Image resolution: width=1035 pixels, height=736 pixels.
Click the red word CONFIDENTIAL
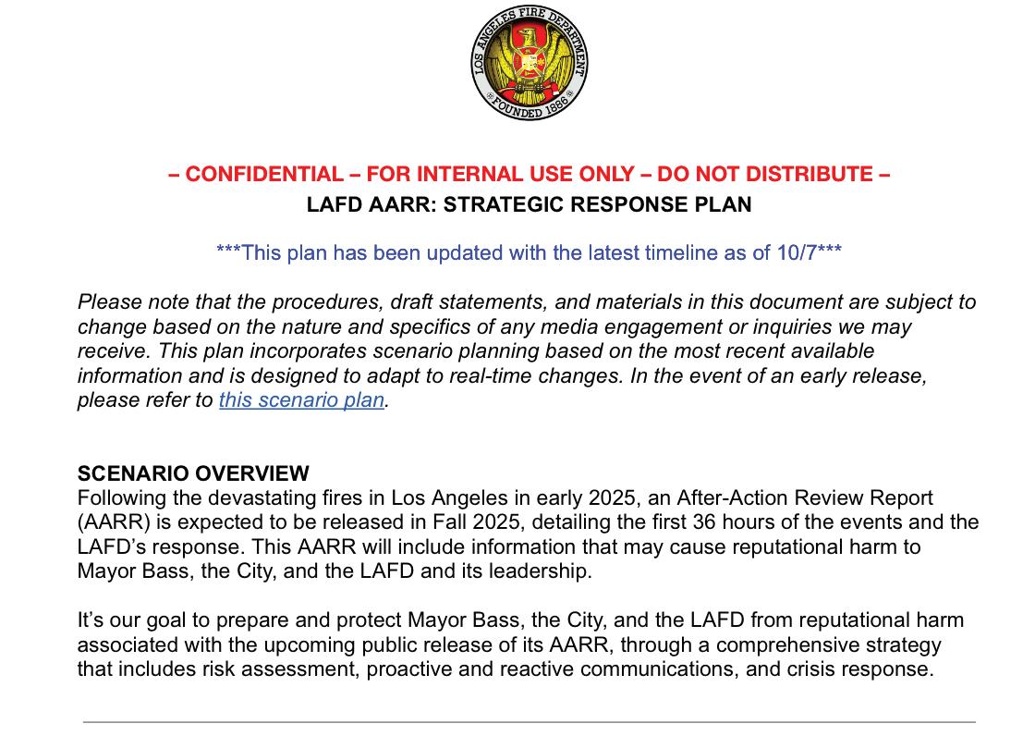(264, 174)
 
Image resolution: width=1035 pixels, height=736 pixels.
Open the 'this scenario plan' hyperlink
(301, 401)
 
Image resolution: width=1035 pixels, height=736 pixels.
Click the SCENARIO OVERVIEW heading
(193, 473)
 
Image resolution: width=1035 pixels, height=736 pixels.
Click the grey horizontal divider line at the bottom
(530, 721)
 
